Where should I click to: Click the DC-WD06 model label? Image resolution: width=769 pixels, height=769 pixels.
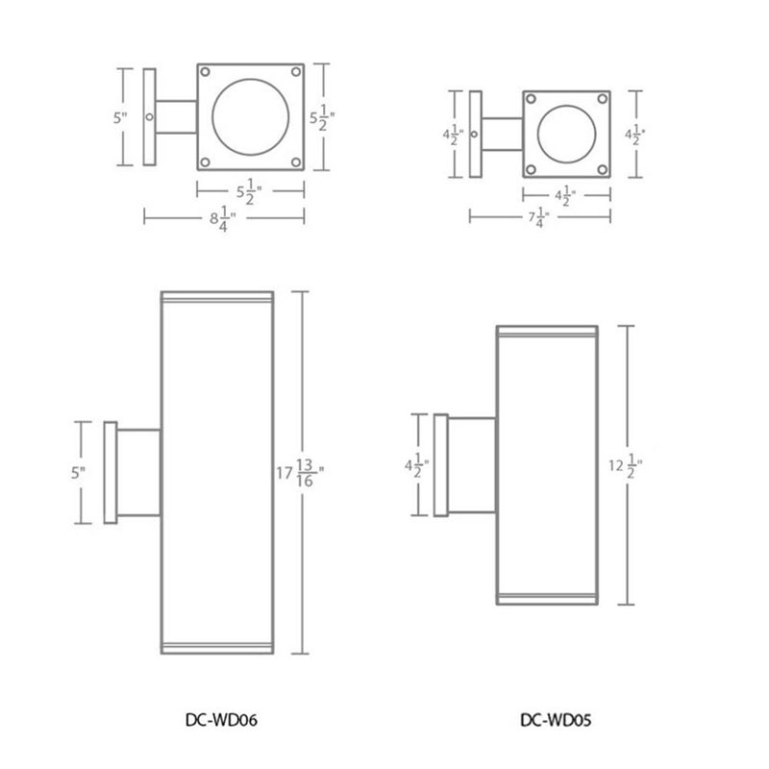pyautogui.click(x=221, y=720)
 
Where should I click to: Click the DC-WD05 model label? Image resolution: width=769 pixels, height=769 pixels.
pyautogui.click(x=556, y=720)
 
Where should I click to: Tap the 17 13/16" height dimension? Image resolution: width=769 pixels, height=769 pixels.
pyautogui.click(x=300, y=473)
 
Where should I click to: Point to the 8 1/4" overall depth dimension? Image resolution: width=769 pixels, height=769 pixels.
pyautogui.click(x=223, y=218)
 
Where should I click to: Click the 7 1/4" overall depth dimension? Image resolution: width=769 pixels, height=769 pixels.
pyautogui.click(x=538, y=217)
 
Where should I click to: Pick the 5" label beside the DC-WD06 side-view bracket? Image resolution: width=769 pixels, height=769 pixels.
pyautogui.click(x=78, y=473)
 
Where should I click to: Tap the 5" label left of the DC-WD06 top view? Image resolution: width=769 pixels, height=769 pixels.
pyautogui.click(x=120, y=117)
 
